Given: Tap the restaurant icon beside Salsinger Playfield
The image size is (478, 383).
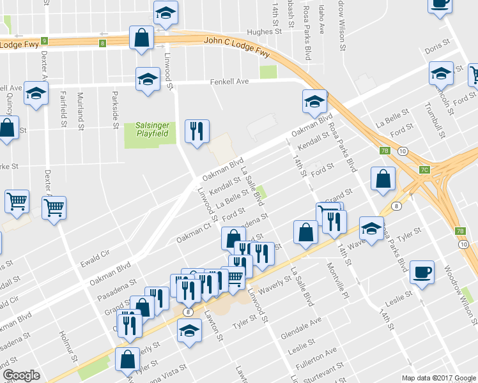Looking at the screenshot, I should click(197, 131).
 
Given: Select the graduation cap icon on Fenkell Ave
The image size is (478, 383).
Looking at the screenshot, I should click(148, 79).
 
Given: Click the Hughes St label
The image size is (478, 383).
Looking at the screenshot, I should click(264, 31).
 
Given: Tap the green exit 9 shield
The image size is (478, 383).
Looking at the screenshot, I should click(44, 41).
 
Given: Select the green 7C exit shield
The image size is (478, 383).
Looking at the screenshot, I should click(425, 170).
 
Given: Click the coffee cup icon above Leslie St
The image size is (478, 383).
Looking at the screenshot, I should click(422, 272).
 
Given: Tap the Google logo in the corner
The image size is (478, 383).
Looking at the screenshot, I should click(21, 375).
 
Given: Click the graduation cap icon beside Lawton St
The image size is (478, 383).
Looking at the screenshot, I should click(189, 332).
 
